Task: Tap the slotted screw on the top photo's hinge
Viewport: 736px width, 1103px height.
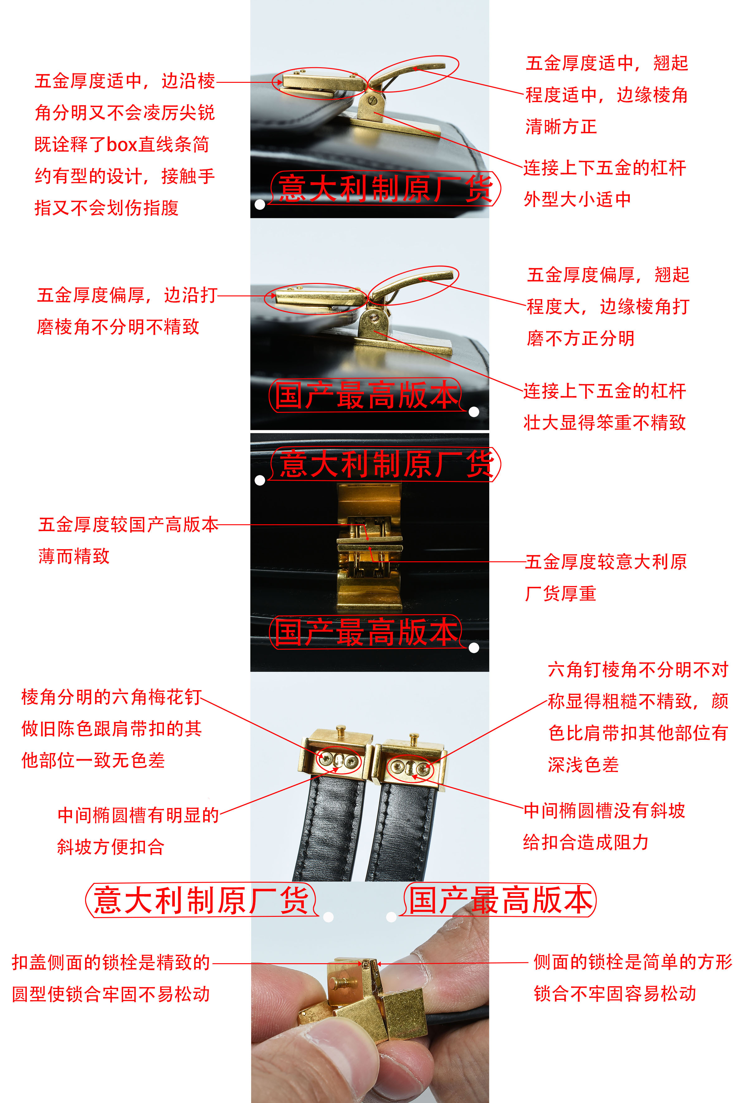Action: point(373,100)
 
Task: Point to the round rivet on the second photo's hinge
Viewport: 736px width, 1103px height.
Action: point(374,318)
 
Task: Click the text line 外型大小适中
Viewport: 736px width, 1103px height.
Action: point(577,199)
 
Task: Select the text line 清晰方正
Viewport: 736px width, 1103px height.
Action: point(561,127)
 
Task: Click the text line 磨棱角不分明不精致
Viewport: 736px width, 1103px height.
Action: point(118,327)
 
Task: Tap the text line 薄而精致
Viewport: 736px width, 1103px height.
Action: point(74,556)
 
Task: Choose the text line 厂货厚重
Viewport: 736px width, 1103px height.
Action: point(561,593)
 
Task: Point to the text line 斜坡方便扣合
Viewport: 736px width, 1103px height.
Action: point(111,847)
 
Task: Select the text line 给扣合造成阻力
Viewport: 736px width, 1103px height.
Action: point(586,842)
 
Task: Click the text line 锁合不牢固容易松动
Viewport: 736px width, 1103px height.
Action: point(615,993)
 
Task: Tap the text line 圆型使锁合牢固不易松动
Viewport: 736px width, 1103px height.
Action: point(111,994)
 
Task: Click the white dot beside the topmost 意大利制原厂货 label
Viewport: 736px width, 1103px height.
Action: point(260,205)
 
